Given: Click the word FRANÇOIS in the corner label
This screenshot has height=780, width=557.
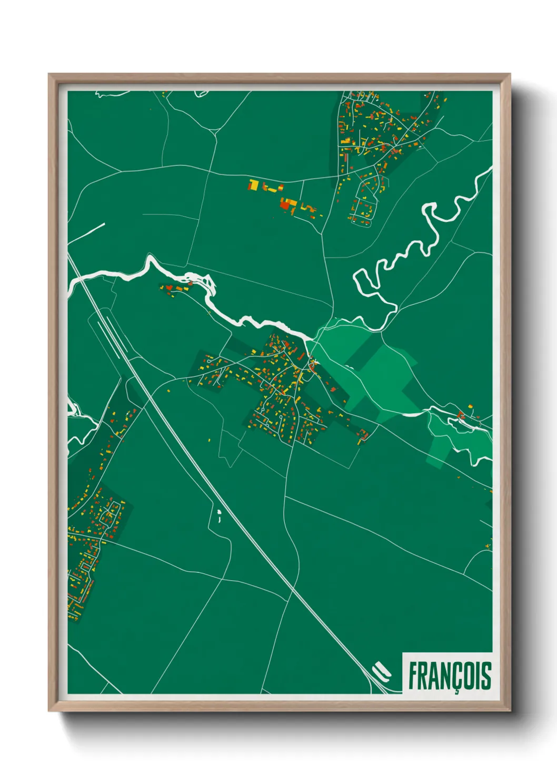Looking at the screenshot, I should tap(450, 676).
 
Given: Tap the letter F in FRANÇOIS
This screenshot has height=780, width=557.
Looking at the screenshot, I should tap(413, 676).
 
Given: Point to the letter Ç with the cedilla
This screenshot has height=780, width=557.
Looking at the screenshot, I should tap(454, 677).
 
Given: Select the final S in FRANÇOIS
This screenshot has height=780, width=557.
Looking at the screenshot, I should tap(486, 676).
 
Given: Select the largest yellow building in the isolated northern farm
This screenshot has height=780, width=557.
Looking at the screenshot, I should tap(254, 185).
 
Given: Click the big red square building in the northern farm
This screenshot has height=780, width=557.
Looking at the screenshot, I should tap(286, 204).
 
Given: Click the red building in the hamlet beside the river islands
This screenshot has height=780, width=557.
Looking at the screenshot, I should tap(170, 288).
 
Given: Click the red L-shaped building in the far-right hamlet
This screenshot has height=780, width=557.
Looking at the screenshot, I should tap(461, 415).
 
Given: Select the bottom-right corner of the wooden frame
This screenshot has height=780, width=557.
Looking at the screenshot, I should tap(509, 710).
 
